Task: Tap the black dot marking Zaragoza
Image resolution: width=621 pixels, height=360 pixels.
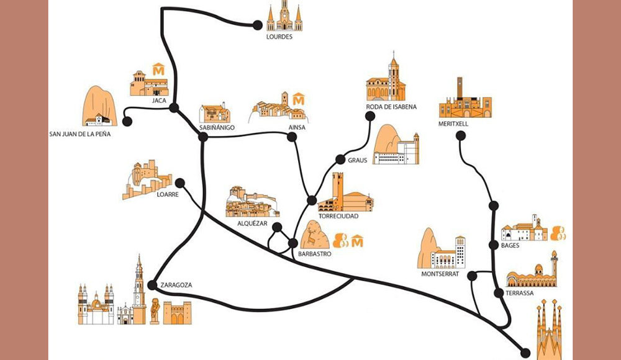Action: [152, 285]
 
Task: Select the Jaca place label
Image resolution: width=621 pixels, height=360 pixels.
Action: [160, 100]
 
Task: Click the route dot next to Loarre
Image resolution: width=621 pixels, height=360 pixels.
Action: [180, 182]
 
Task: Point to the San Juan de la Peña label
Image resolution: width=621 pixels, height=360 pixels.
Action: [80, 133]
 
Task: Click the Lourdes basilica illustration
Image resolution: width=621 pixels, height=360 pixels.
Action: [284, 17]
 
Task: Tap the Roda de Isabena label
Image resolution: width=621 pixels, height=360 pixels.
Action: [391, 107]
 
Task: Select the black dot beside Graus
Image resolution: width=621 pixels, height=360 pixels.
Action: [340, 159]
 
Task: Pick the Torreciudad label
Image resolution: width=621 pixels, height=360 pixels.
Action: [338, 216]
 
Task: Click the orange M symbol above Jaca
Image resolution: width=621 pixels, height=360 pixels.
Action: [158, 68]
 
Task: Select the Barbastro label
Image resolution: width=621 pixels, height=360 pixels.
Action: [314, 254]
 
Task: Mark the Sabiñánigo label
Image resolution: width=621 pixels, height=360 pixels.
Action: [217, 127]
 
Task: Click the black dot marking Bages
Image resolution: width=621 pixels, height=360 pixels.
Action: [494, 245]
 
